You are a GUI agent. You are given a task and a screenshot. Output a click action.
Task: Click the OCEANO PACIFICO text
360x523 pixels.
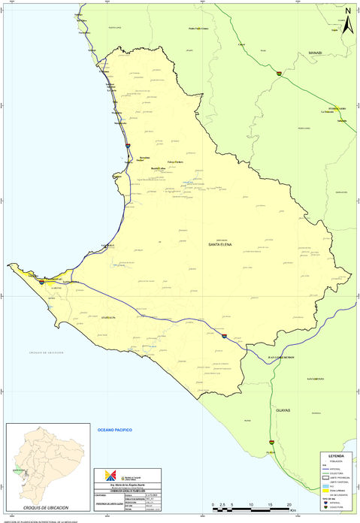(x=114, y=428)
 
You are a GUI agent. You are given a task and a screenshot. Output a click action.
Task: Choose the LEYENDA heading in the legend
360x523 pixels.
(x=336, y=456)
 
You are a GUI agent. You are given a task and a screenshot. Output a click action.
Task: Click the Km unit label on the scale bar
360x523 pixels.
(x=302, y=509)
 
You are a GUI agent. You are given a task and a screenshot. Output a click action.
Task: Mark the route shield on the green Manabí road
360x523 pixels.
(x=280, y=73)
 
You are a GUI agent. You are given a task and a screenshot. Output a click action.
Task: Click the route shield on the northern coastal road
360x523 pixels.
(x=129, y=145)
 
